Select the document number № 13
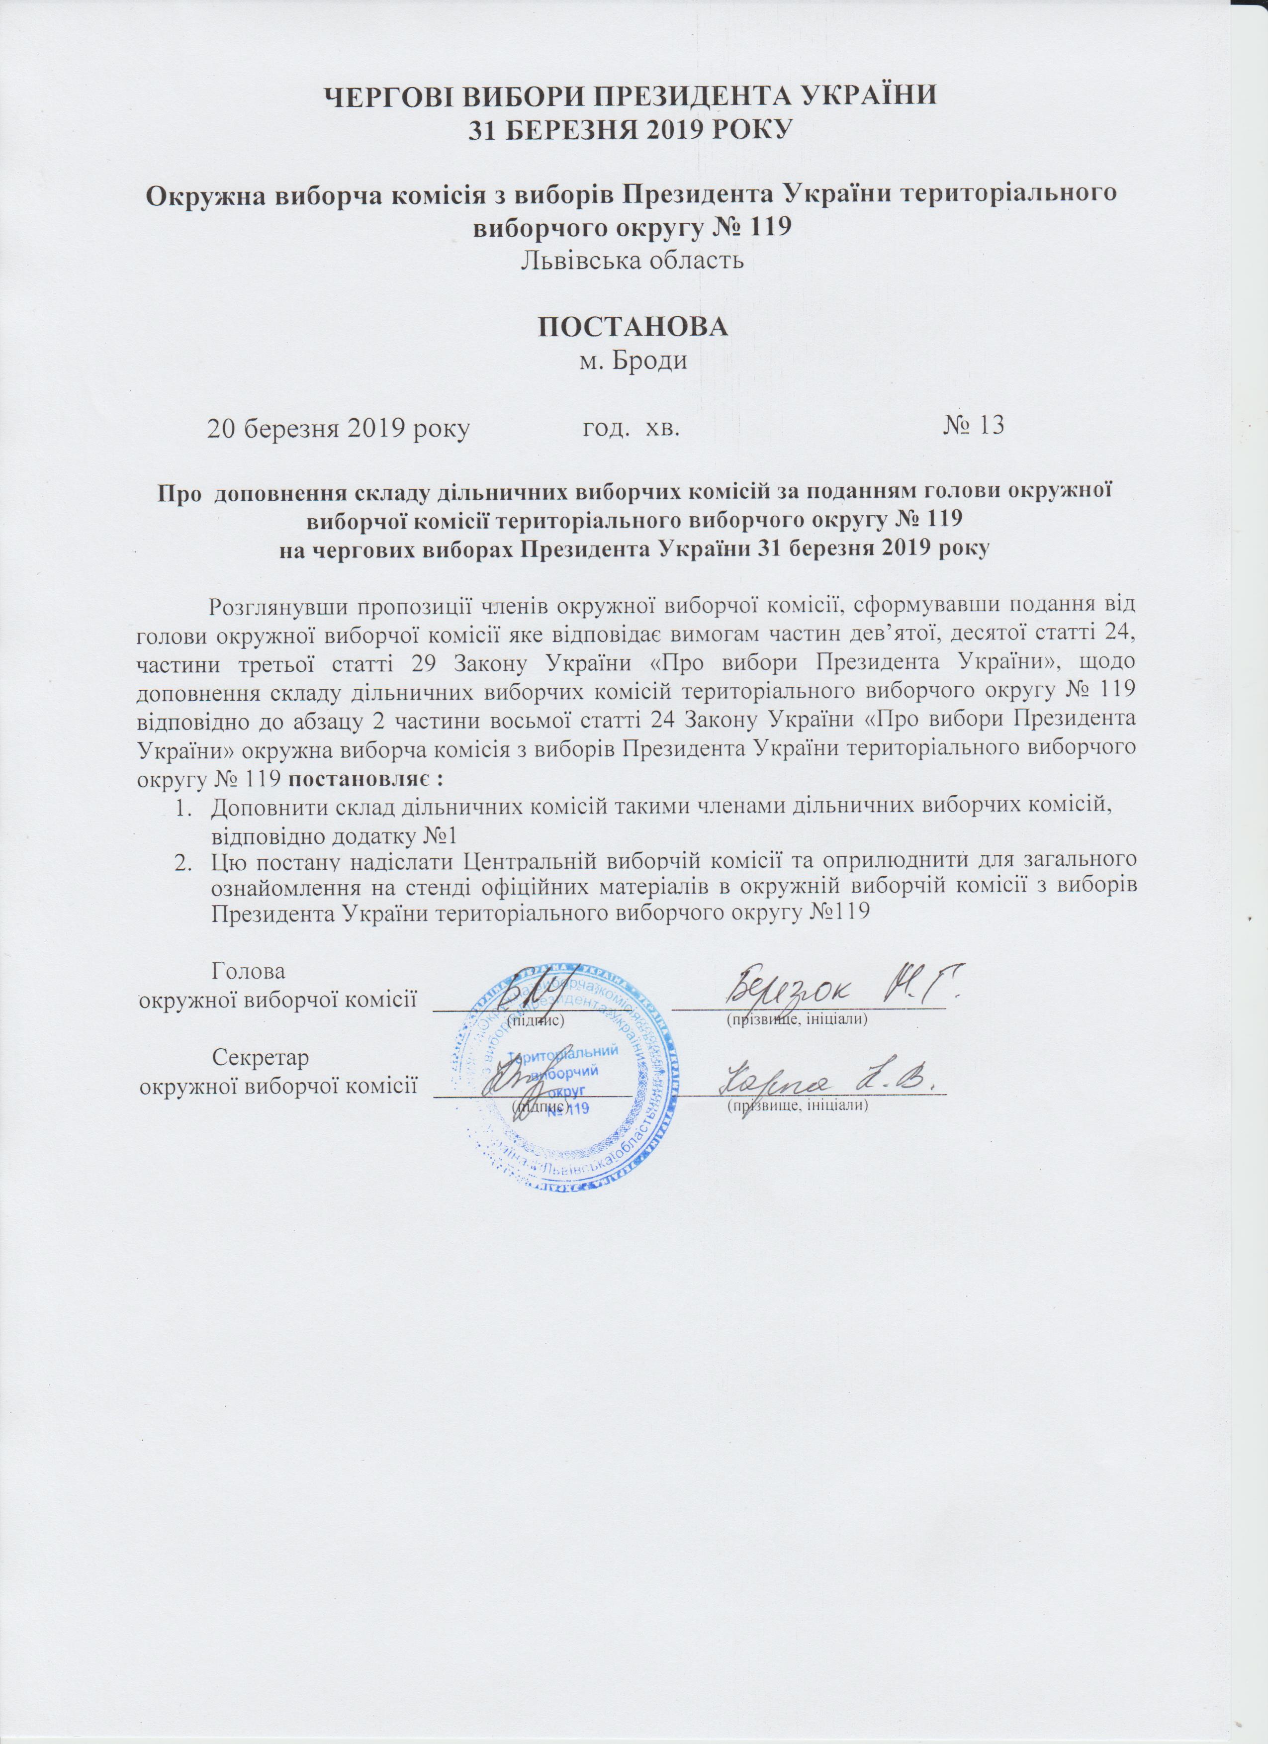coord(974,425)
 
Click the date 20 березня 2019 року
coord(338,428)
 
